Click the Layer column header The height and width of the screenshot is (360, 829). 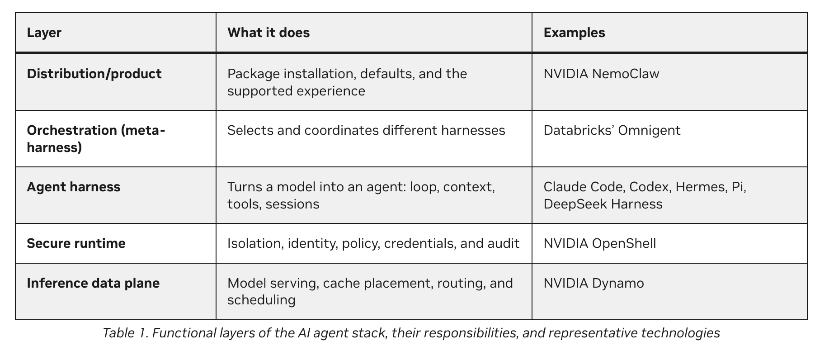tap(44, 33)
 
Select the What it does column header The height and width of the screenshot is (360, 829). tap(268, 33)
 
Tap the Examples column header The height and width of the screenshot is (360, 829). tap(574, 33)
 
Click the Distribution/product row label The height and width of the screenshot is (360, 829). tap(94, 74)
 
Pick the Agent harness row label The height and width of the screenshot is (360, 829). tap(74, 187)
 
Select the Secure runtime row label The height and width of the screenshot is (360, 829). tap(76, 243)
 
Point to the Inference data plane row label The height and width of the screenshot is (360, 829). tap(93, 283)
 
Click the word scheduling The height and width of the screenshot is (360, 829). tap(261, 300)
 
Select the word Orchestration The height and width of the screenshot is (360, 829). tap(72, 130)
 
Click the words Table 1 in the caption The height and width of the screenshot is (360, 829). tap(126, 333)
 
